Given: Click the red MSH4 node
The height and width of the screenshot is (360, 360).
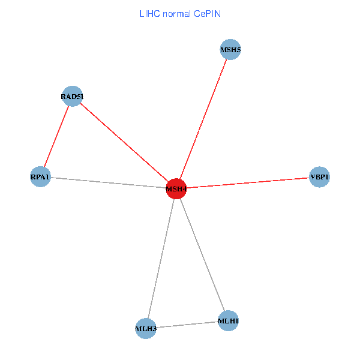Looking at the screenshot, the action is [176, 189].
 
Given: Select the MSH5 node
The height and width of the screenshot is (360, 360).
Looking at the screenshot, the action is [230, 50].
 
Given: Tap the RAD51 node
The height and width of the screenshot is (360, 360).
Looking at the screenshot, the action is [72, 96].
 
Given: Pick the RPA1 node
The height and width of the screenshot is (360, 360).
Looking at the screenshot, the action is [40, 177].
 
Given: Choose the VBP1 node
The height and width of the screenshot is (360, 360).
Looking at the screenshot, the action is [320, 177].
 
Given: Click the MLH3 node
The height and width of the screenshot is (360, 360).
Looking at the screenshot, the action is [146, 329].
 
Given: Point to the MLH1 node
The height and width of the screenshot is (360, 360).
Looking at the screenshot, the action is [229, 321].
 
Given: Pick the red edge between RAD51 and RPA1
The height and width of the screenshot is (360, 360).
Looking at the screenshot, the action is [56, 136].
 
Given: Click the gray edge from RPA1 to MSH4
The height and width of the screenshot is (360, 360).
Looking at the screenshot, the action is [108, 183].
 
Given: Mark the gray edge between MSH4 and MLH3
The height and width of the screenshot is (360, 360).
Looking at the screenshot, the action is [161, 259].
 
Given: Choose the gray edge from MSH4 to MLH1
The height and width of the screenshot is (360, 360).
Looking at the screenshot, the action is [202, 255].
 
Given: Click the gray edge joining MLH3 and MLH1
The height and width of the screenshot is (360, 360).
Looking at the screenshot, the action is [187, 325].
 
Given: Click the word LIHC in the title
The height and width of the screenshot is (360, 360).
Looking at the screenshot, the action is [148, 13].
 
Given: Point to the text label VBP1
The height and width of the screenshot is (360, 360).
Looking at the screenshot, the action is [320, 177].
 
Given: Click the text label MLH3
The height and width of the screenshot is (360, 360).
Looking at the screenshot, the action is [146, 329].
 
